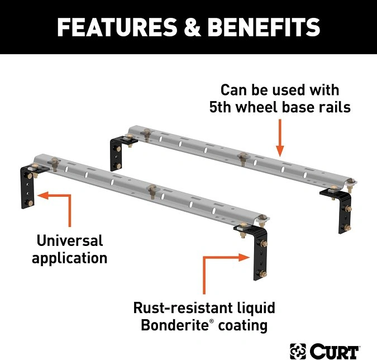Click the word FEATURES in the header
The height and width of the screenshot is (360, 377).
120,27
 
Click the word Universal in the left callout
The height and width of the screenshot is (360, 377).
70,241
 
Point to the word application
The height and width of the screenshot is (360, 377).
70,258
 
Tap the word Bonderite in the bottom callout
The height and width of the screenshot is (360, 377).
169,325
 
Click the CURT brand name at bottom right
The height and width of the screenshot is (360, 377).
335,351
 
